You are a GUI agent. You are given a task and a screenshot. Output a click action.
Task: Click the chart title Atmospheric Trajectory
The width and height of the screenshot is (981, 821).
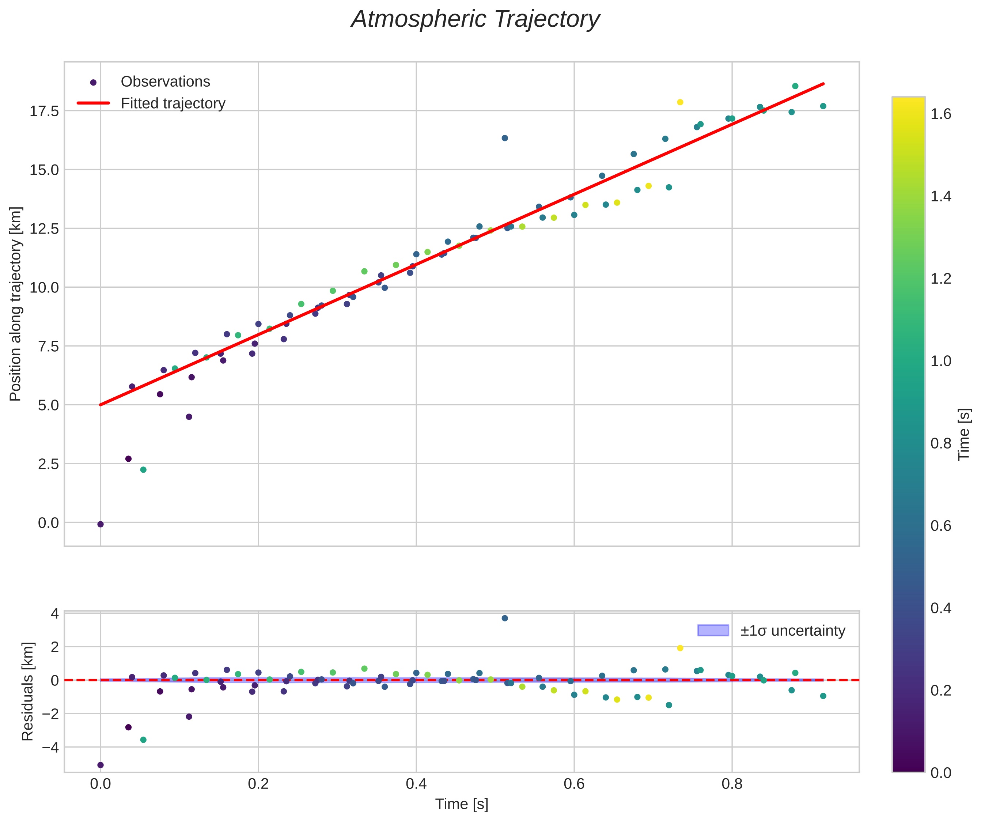click(x=476, y=20)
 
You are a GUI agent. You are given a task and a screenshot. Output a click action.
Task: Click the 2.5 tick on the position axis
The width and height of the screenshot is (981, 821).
click(x=49, y=464)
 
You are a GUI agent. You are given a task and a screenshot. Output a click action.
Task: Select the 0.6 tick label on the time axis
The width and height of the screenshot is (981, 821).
click(x=574, y=784)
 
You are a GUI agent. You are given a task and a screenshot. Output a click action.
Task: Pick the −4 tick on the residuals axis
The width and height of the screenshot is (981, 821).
click(x=51, y=747)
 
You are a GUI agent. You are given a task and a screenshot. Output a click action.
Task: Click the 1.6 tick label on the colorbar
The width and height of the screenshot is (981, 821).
click(x=941, y=114)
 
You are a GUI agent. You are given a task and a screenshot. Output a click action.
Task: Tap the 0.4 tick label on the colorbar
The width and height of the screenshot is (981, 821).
click(x=941, y=608)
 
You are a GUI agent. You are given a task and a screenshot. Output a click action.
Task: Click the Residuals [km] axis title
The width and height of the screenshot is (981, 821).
click(x=28, y=692)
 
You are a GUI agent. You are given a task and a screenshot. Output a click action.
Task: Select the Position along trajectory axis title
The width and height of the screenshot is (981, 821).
click(x=15, y=304)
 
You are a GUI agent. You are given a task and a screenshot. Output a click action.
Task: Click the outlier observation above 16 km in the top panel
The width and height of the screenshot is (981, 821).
click(x=504, y=138)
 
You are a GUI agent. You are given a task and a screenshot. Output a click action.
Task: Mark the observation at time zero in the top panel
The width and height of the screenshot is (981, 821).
click(x=101, y=524)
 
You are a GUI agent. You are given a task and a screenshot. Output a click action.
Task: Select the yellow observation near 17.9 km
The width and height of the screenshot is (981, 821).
click(x=680, y=102)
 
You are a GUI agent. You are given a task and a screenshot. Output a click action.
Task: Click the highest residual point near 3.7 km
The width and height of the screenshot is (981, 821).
click(x=504, y=618)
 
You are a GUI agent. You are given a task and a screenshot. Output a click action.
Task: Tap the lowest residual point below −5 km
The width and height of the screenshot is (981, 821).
click(x=101, y=765)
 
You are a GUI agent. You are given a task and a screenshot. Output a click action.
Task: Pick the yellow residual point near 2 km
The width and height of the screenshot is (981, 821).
click(x=680, y=648)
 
